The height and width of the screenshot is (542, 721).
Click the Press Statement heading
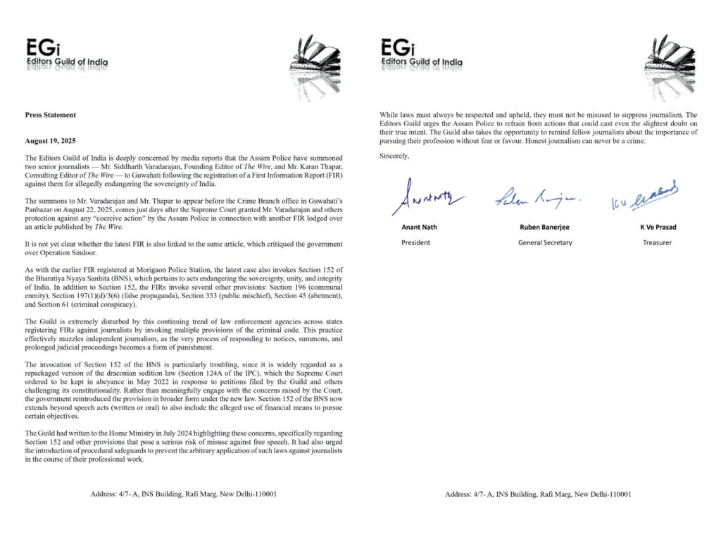[50, 115]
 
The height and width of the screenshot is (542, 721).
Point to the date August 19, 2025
[53, 141]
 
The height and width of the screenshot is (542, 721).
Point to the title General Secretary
[541, 242]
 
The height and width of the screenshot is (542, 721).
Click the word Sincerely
[394, 154]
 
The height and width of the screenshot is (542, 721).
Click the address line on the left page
[183, 494]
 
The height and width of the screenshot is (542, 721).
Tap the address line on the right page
[538, 494]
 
